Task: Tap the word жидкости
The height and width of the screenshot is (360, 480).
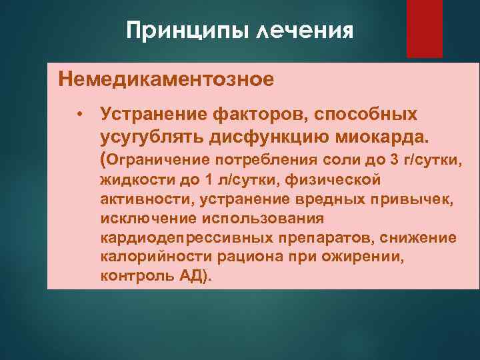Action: [132, 179]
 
